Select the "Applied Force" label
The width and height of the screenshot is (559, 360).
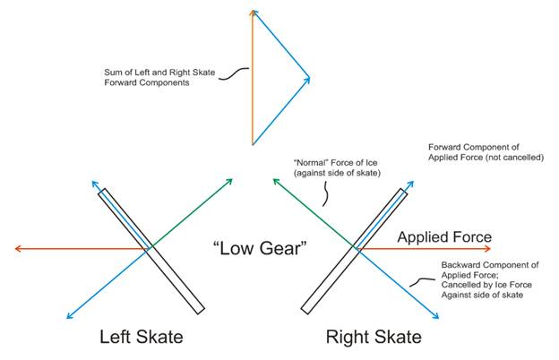pos(444,236)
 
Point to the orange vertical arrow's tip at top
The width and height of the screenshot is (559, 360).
pos(254,12)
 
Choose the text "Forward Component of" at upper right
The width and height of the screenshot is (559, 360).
pos(473,146)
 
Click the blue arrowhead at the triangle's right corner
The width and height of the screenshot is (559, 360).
pos(308,79)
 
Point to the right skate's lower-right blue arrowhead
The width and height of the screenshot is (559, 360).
pos(436,316)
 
